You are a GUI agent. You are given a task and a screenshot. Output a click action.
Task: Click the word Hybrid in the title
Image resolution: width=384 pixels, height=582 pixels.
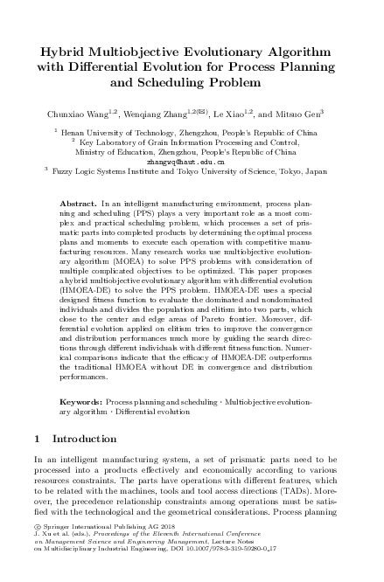coord(53,52)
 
